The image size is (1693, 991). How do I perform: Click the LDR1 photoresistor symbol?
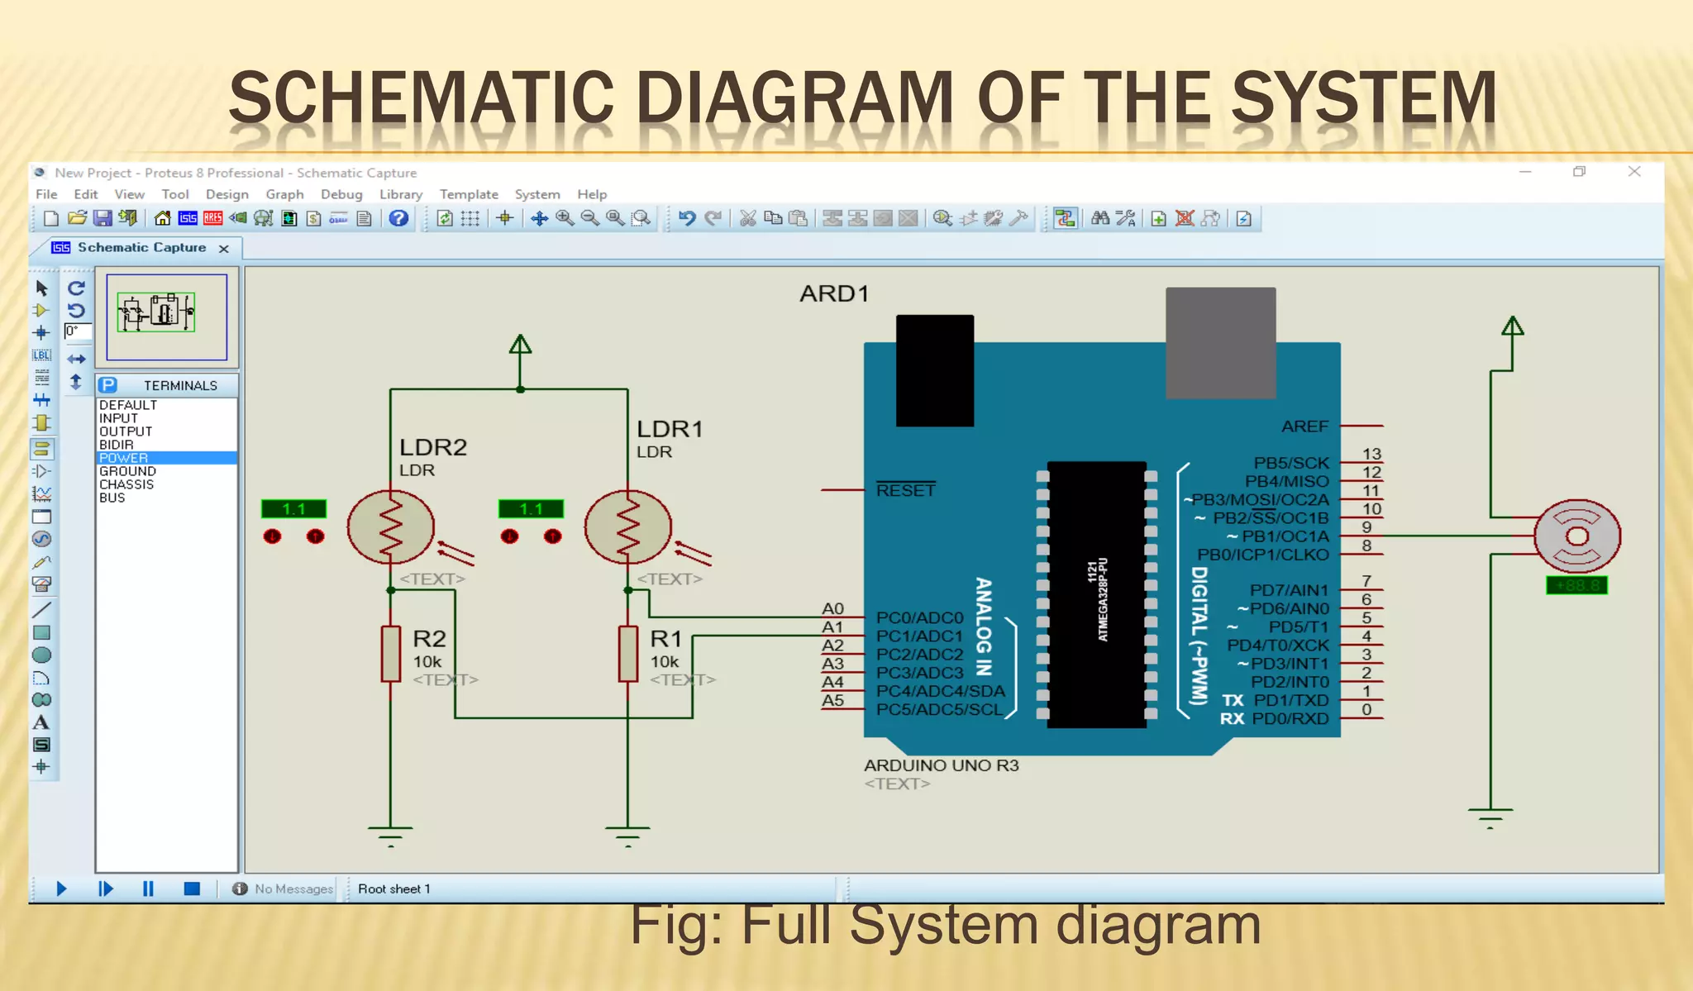627,527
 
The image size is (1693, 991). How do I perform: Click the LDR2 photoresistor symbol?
390,527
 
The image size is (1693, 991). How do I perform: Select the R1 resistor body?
628,654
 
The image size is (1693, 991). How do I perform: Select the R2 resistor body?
390,654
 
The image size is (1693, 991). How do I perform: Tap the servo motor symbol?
1576,536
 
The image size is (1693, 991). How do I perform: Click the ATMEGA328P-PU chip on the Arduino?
1096,595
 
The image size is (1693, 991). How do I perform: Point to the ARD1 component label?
833,294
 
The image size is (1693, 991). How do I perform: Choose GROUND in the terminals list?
127,471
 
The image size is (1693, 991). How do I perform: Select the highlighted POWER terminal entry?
124,458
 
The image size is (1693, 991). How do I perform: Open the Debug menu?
341,194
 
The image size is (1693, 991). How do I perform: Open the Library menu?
401,194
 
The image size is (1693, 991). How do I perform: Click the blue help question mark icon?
398,218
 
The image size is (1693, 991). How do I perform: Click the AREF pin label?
1304,426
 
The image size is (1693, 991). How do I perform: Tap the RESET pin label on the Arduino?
906,490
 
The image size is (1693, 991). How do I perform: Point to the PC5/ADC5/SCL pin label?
939,709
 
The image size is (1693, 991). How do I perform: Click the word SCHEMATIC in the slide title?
421,98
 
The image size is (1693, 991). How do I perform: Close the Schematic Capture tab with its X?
224,248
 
